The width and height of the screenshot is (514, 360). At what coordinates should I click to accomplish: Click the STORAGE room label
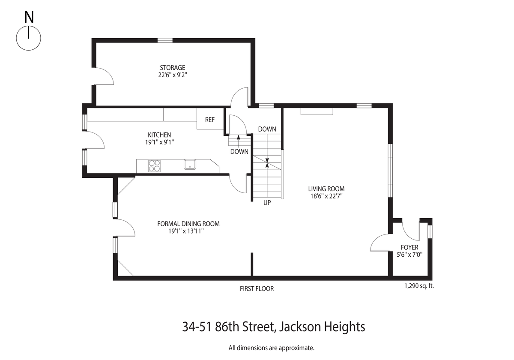pos(173,68)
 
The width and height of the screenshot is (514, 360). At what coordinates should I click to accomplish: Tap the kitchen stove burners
pos(155,166)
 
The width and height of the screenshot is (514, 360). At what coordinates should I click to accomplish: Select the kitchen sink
pos(190,165)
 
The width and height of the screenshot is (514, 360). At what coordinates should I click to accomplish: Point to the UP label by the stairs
pos(267,202)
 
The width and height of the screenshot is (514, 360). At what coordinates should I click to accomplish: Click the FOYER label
pos(409,247)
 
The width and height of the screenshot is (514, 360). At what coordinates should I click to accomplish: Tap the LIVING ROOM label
pos(326,189)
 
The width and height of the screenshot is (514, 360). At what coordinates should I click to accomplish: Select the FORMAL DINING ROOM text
pos(188,224)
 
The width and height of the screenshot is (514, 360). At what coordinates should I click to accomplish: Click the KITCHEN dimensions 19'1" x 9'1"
pos(159,142)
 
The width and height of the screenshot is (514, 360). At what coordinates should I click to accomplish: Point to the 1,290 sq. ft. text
pos(419,286)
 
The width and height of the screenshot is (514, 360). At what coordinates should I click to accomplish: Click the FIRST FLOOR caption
pos(257,288)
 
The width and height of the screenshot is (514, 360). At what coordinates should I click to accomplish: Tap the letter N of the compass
pos(29,17)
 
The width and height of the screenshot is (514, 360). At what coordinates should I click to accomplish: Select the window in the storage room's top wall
pos(165,40)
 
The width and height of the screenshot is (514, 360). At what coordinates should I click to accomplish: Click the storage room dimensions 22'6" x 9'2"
pos(173,75)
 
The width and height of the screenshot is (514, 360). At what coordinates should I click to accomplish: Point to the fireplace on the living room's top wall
pos(317,111)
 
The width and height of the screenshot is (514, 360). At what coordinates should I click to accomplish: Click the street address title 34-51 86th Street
pos(229,327)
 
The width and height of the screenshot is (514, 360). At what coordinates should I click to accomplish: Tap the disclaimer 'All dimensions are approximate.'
pos(272,348)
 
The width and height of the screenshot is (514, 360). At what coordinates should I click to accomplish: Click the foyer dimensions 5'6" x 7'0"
pos(409,255)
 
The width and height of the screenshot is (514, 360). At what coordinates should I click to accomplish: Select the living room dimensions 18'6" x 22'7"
pos(326,196)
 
